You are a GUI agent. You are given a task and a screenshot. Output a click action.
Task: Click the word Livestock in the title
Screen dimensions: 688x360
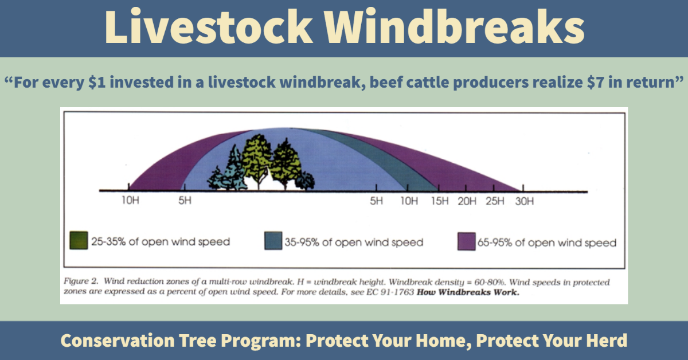click(x=209, y=26)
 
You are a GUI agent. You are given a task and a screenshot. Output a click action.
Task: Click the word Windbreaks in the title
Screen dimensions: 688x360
click(x=455, y=26)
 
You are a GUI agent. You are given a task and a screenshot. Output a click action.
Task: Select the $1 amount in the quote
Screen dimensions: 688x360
click(x=97, y=83)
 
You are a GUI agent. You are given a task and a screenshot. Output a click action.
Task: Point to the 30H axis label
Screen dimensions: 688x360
click(x=525, y=201)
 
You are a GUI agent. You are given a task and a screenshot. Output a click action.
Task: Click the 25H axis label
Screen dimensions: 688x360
click(x=495, y=201)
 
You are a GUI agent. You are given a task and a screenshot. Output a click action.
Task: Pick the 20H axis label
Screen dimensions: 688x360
click(x=467, y=201)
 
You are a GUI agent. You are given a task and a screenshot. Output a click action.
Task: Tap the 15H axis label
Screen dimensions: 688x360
click(x=440, y=201)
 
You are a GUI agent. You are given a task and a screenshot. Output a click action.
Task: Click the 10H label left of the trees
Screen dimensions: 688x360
click(x=130, y=200)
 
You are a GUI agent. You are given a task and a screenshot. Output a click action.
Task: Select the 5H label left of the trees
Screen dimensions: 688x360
click(x=185, y=201)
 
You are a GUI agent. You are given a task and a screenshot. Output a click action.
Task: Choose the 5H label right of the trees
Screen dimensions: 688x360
click(x=376, y=201)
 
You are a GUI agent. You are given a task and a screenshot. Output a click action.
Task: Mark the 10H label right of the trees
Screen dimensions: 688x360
click(x=409, y=201)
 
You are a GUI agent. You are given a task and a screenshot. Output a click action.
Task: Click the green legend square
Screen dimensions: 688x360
click(x=79, y=240)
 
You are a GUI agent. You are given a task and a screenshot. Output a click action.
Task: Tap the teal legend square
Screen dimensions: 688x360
click(x=273, y=241)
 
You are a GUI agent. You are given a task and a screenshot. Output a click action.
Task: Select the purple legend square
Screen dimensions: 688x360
click(x=466, y=241)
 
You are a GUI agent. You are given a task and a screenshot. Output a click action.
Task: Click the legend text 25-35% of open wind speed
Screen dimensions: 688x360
click(x=161, y=242)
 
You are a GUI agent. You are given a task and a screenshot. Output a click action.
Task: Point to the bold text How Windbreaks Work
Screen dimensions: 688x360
click(x=468, y=292)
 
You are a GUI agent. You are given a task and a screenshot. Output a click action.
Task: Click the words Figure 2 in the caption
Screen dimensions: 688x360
click(x=81, y=281)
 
